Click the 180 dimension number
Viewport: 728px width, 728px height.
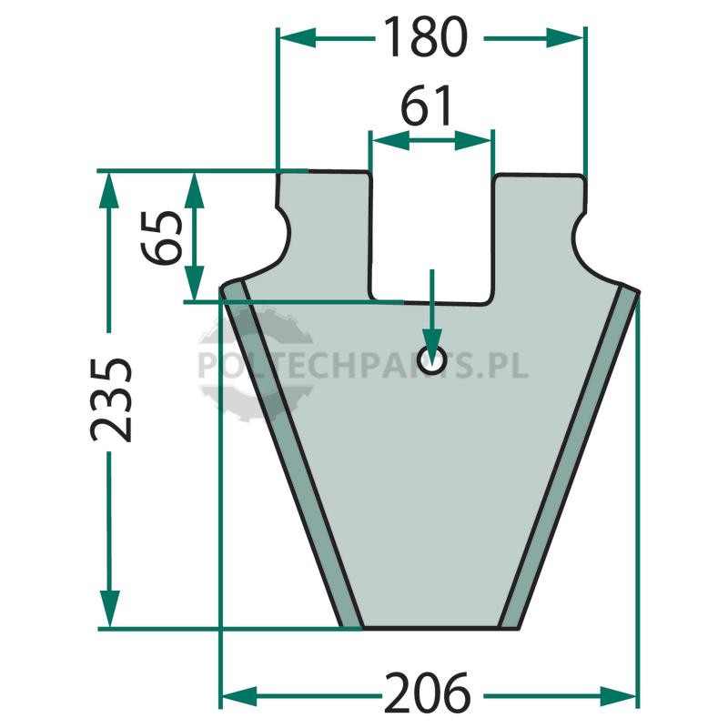[426, 37]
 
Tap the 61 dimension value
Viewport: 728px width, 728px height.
[426, 105]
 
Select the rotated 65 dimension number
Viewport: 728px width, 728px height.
[162, 238]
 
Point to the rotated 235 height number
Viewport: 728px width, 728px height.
[111, 399]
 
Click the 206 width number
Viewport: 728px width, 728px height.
[427, 693]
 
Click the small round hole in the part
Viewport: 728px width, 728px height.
[431, 359]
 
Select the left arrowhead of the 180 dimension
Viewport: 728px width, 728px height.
[298, 38]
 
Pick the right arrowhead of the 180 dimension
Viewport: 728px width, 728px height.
[564, 38]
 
